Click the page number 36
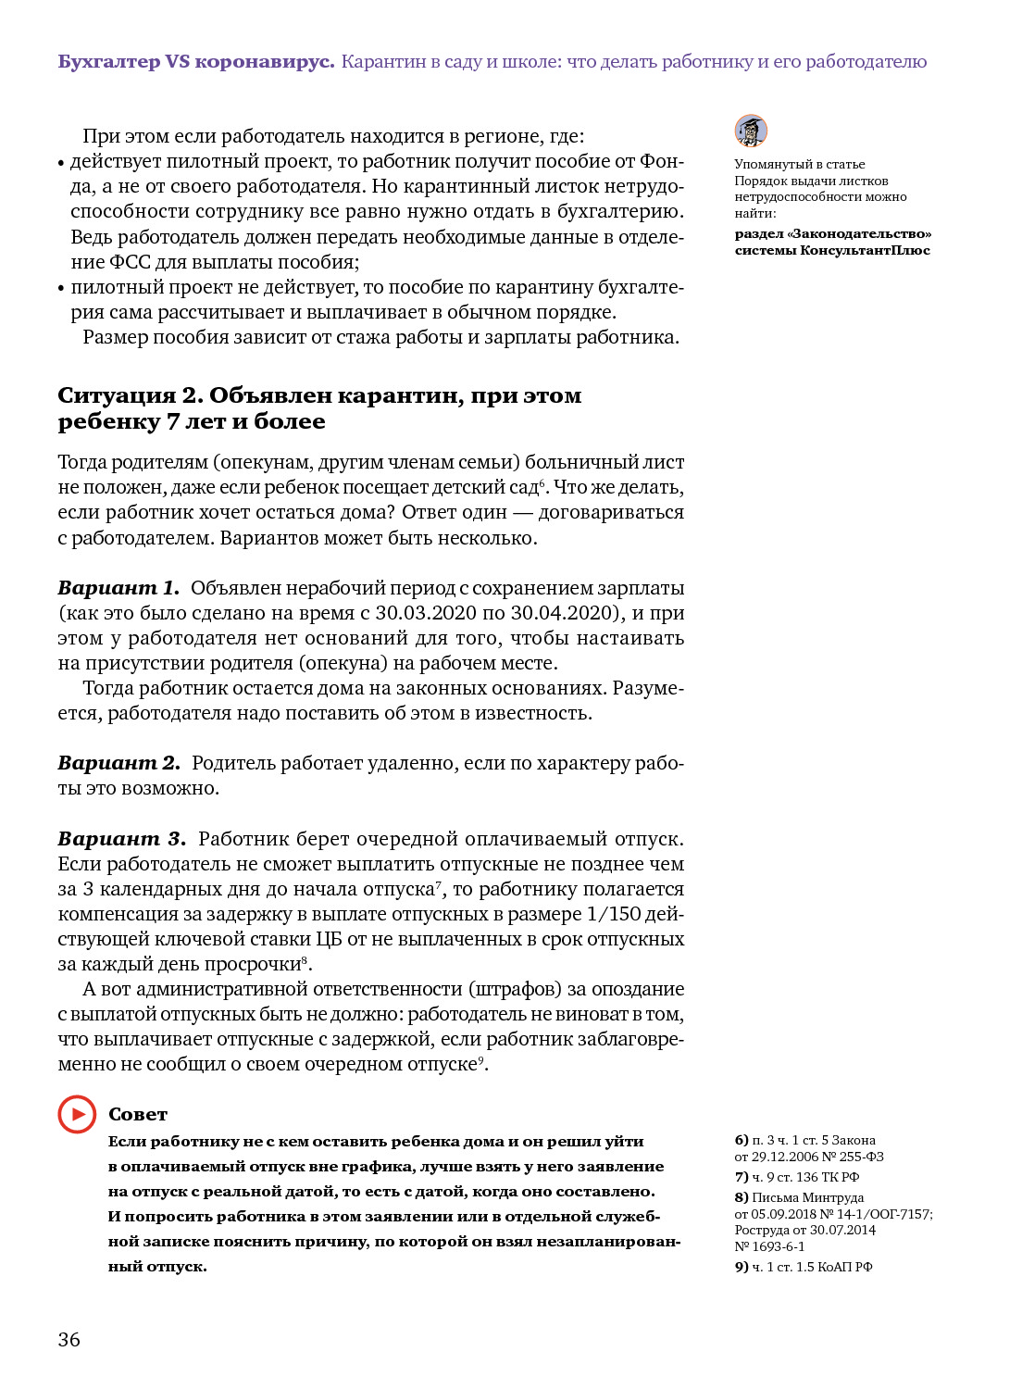pyautogui.click(x=69, y=1339)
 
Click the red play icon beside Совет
pyautogui.click(x=77, y=1114)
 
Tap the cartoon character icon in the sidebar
pyautogui.click(x=751, y=131)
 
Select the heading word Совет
pyautogui.click(x=138, y=1114)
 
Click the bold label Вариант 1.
pyautogui.click(x=118, y=588)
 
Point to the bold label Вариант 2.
pyautogui.click(x=118, y=763)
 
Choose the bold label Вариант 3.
pyautogui.click(x=121, y=839)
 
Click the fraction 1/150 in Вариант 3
pyautogui.click(x=614, y=914)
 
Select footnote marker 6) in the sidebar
pyautogui.click(x=742, y=1140)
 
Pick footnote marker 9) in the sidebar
pyautogui.click(x=742, y=1267)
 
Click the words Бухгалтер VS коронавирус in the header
pyautogui.click(x=195, y=62)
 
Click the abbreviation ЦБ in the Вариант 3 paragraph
pyautogui.click(x=329, y=939)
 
